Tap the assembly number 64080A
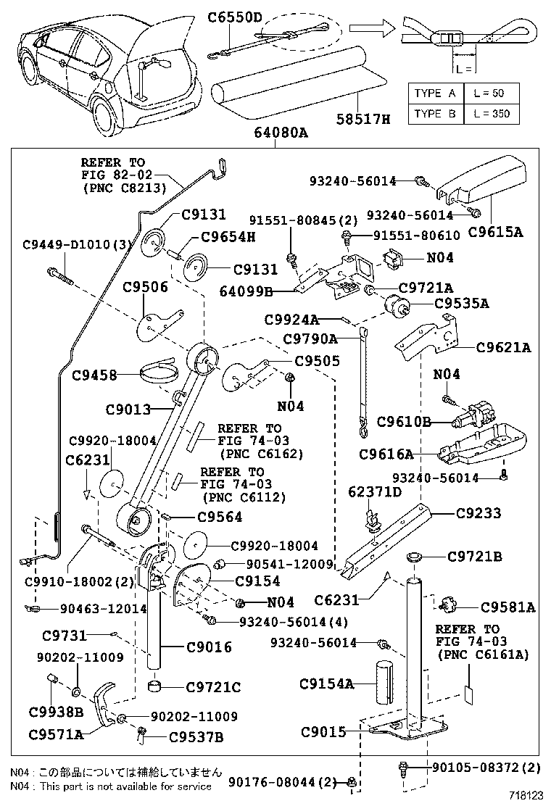(x=281, y=133)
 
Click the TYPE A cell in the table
(x=435, y=94)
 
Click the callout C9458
(x=94, y=375)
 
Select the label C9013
(x=128, y=410)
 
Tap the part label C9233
(x=478, y=512)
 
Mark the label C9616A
(x=386, y=454)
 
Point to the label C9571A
(x=56, y=734)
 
